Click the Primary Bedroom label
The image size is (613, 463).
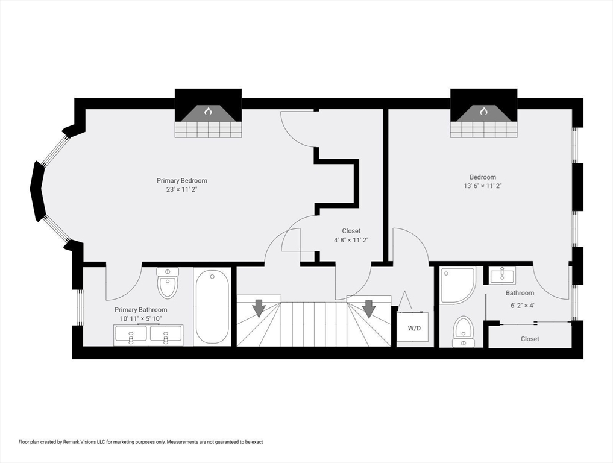point(182,181)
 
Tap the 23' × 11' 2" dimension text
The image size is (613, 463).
point(182,190)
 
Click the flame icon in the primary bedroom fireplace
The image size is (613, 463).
point(208,112)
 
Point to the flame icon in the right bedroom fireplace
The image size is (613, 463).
point(483,112)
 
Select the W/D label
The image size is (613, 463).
point(415,328)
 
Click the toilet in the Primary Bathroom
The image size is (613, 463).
point(168,283)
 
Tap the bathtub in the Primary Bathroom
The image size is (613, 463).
point(212,307)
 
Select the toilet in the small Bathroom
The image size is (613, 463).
point(464,332)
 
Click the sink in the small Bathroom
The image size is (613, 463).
point(502,276)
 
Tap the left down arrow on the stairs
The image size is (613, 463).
point(259,308)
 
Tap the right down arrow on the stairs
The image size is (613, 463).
point(369,308)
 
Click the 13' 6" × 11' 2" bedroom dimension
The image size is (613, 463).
point(482,186)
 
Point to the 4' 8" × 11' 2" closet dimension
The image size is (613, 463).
point(351,240)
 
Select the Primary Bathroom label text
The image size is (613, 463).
point(140,310)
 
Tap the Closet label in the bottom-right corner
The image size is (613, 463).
point(530,339)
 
